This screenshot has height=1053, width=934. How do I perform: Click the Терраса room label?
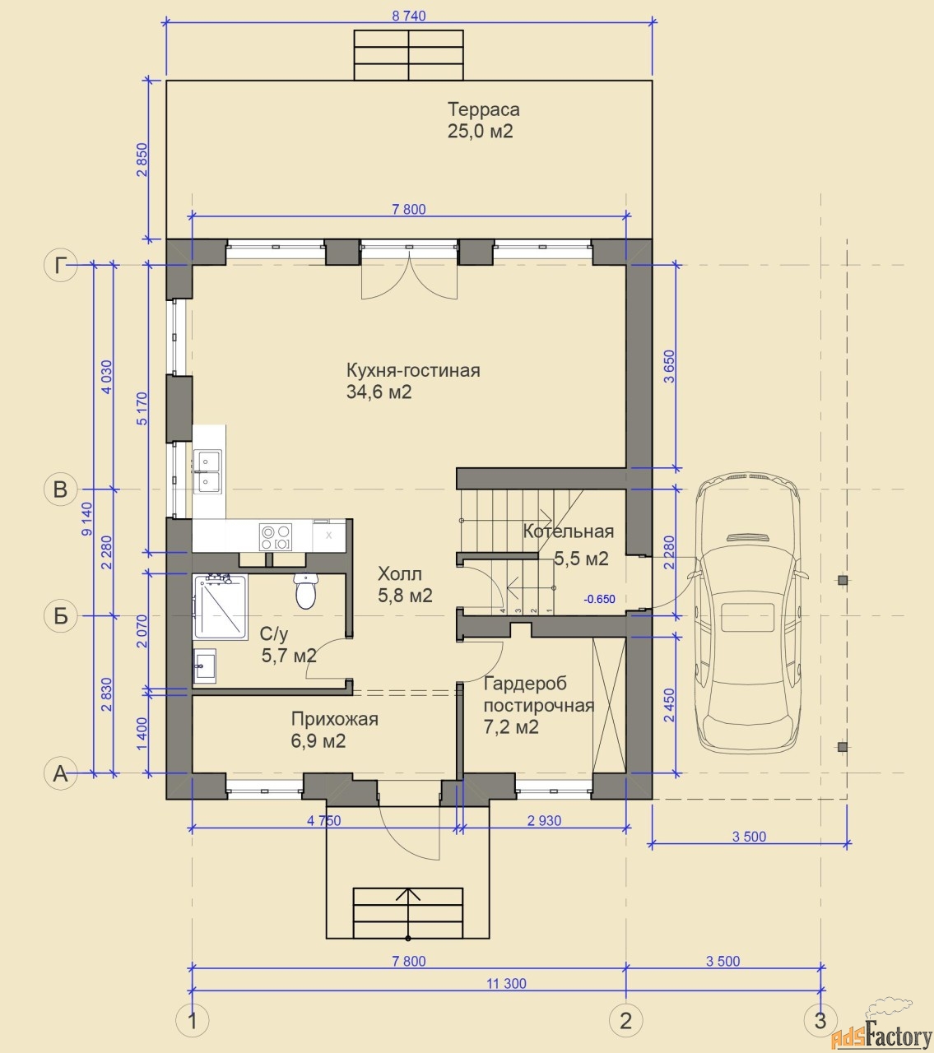(483, 109)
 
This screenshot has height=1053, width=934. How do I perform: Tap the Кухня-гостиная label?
(413, 370)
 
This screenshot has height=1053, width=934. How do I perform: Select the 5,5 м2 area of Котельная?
(581, 559)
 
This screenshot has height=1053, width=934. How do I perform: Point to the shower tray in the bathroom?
(221, 606)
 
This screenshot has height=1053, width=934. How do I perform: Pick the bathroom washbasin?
(205, 666)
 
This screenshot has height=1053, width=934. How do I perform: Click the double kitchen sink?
(207, 471)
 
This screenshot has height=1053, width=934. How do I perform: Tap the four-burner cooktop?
(276, 537)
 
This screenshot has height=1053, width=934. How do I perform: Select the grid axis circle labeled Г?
(60, 265)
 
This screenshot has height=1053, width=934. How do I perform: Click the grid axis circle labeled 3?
(820, 1021)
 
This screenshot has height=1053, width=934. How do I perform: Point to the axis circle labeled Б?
(60, 616)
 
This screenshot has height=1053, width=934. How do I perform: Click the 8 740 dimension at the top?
(409, 16)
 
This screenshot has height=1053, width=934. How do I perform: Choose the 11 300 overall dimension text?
(506, 983)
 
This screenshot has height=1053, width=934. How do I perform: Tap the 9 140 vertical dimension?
(86, 519)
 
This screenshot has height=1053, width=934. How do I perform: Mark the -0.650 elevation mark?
(599, 599)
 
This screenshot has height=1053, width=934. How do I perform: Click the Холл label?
(399, 573)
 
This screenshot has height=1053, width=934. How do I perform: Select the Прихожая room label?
(334, 719)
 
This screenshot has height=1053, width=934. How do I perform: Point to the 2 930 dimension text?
(544, 821)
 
